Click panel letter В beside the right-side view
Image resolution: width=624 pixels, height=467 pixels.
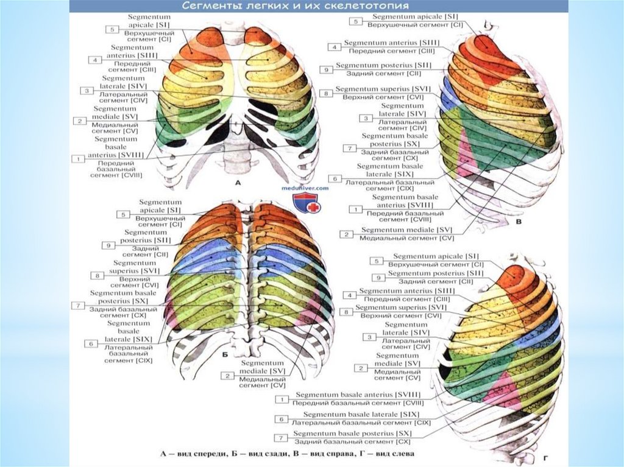pyautogui.click(x=519, y=224)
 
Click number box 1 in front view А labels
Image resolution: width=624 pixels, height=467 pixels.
pyautogui.click(x=78, y=158)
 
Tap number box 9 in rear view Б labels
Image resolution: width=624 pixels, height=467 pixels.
pyautogui.click(x=107, y=245)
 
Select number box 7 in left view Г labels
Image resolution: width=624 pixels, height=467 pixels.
pyautogui.click(x=282, y=437)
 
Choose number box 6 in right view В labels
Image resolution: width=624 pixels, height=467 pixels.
pyautogui.click(x=334, y=178)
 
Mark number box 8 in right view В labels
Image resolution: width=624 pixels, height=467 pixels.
pyautogui.click(x=327, y=93)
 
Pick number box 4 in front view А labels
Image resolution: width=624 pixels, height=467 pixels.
pyautogui.click(x=94, y=60)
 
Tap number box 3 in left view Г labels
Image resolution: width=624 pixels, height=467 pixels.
pyautogui.click(x=369, y=337)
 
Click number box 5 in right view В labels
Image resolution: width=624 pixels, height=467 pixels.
pyautogui.click(x=353, y=21)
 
